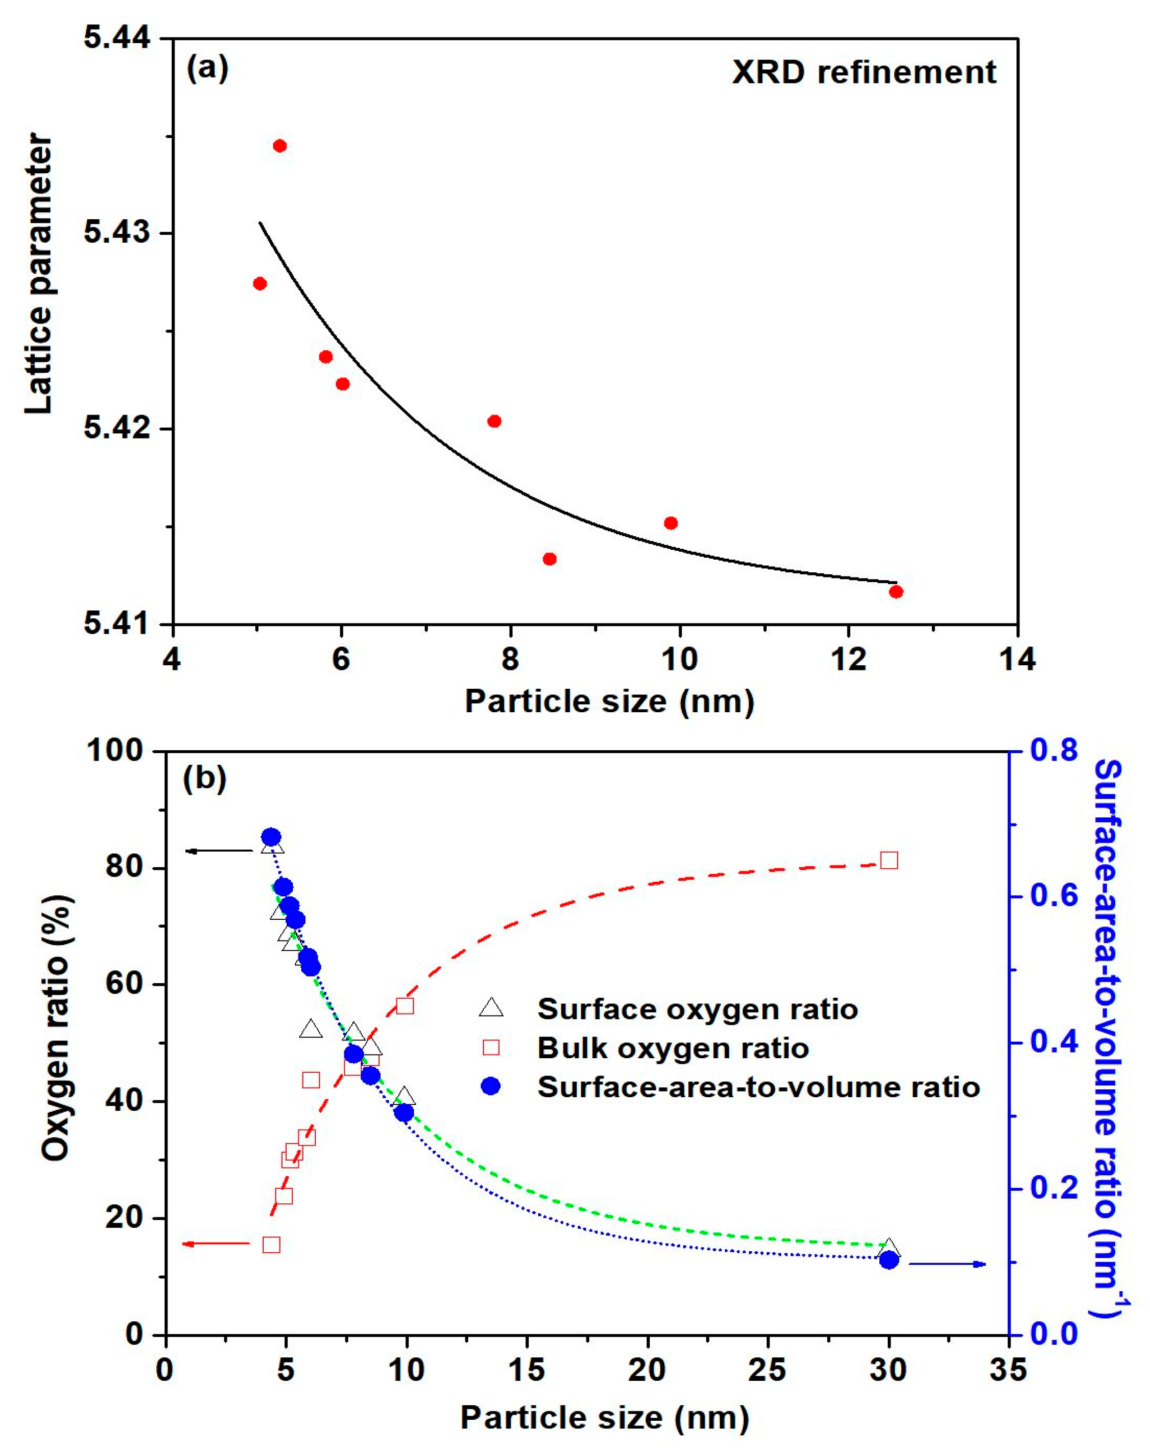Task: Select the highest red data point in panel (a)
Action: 280,146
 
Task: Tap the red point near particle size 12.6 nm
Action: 896,592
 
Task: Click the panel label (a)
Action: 208,69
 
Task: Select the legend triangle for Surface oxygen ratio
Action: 491,1008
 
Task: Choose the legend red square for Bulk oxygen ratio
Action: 491,1047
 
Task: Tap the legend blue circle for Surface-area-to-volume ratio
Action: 491,1086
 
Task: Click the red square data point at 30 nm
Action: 889,860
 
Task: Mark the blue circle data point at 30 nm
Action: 889,1260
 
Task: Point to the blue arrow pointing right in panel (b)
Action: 948,1264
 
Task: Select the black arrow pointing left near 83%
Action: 219,851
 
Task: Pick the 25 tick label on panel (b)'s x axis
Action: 768,1370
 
